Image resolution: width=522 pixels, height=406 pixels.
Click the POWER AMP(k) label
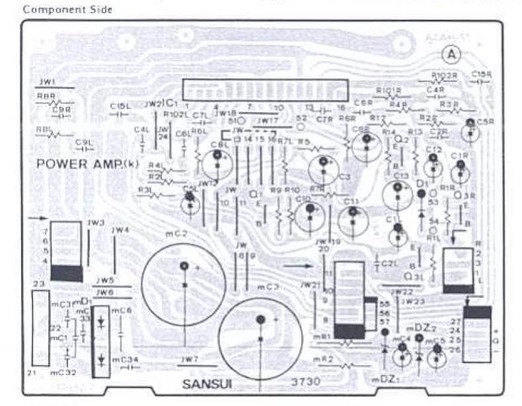(88, 163)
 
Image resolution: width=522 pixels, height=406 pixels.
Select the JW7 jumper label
(189, 358)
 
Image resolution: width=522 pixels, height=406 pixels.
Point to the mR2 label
(322, 359)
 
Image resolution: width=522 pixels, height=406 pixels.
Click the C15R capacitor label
(484, 75)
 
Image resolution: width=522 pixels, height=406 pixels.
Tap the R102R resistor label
(444, 75)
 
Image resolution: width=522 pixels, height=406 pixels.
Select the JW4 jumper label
(120, 230)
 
